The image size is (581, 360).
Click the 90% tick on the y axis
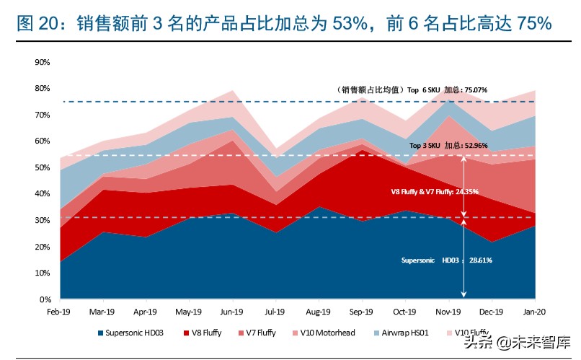click(x=42, y=62)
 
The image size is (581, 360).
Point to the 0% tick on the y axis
click(x=44, y=299)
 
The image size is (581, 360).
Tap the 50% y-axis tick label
click(x=42, y=167)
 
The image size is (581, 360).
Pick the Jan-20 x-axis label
click(x=535, y=312)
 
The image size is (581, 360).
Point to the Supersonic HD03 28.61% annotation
click(x=446, y=260)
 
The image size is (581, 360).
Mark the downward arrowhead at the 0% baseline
click(x=464, y=295)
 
